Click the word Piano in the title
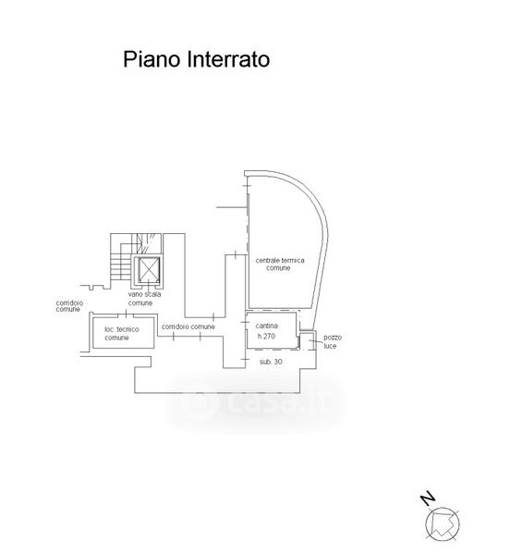(152, 60)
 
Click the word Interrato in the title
(228, 59)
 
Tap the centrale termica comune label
(280, 264)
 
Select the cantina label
(266, 326)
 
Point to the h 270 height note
(266, 336)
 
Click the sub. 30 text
(271, 362)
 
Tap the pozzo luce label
(333, 341)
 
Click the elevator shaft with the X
(149, 270)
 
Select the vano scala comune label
(144, 299)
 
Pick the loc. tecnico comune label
(122, 333)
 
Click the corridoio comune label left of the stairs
(69, 306)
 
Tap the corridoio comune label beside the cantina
(188, 327)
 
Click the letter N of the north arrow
(428, 498)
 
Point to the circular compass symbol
(443, 524)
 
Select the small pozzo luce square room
(308, 340)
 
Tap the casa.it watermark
(255, 403)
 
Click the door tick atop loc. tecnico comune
(126, 314)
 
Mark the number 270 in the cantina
(269, 336)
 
